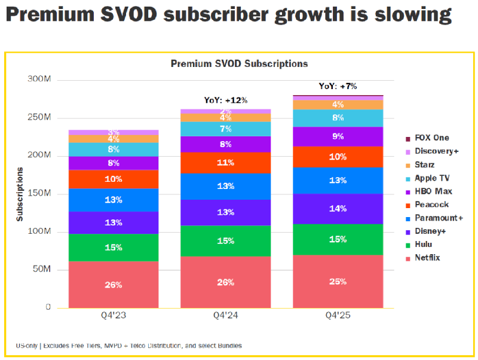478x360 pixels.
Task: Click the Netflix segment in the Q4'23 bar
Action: click(x=114, y=285)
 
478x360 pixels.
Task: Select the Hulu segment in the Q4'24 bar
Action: click(x=225, y=241)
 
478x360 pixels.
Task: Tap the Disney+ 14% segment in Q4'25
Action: click(x=338, y=209)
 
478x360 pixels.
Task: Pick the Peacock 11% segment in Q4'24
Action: click(x=225, y=163)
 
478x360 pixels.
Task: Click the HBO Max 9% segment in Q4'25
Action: click(x=338, y=136)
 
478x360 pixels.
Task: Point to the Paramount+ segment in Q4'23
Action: click(x=114, y=200)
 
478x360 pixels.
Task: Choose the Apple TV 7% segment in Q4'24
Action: click(x=225, y=129)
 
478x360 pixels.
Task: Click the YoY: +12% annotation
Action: click(x=225, y=100)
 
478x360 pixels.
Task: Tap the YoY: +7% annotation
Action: click(x=338, y=86)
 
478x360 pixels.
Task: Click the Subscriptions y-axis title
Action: click(x=20, y=194)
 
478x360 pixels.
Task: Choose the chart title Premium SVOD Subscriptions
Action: click(x=239, y=63)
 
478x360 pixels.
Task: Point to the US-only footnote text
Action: click(x=128, y=346)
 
